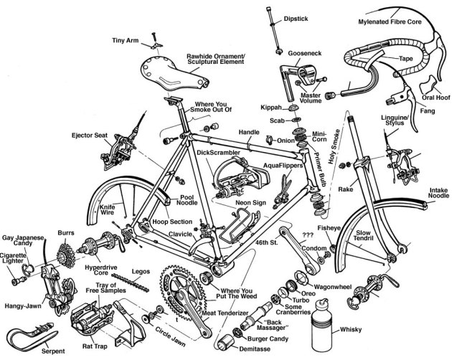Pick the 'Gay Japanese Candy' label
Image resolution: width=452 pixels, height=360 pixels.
pos(24,242)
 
